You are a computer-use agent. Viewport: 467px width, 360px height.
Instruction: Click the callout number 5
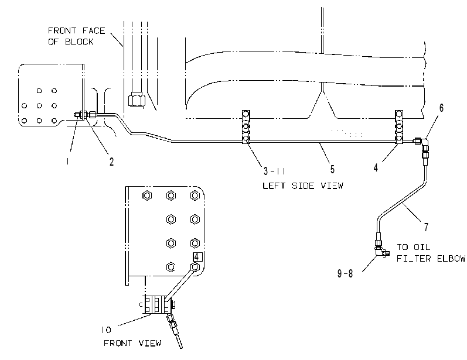click(x=332, y=169)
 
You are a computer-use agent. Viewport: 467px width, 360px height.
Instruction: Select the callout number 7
click(x=426, y=227)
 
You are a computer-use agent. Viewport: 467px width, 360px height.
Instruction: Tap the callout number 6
click(x=441, y=108)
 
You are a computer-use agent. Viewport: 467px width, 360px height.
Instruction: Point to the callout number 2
click(x=111, y=162)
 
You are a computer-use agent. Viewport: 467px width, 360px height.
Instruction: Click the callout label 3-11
click(x=274, y=171)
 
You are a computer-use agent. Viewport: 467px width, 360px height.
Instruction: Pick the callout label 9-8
click(x=345, y=273)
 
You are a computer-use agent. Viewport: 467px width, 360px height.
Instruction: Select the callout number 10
click(x=106, y=330)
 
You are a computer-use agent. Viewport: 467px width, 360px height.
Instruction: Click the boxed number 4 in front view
click(x=197, y=257)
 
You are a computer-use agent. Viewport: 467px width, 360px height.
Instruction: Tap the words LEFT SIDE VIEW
click(x=303, y=186)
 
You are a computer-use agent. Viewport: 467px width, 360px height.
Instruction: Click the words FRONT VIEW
click(x=132, y=343)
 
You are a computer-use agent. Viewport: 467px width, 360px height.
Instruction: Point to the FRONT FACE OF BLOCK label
click(x=77, y=36)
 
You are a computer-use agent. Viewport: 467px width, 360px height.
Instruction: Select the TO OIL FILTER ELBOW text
click(x=431, y=253)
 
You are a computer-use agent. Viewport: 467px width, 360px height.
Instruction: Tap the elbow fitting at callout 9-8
click(x=380, y=252)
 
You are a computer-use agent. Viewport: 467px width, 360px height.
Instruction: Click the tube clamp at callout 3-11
click(x=246, y=127)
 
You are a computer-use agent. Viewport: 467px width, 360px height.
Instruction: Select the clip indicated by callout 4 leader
click(x=399, y=127)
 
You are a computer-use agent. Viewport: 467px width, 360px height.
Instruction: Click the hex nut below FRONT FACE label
click(x=136, y=99)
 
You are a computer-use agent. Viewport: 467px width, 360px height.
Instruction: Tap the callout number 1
click(x=68, y=161)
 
